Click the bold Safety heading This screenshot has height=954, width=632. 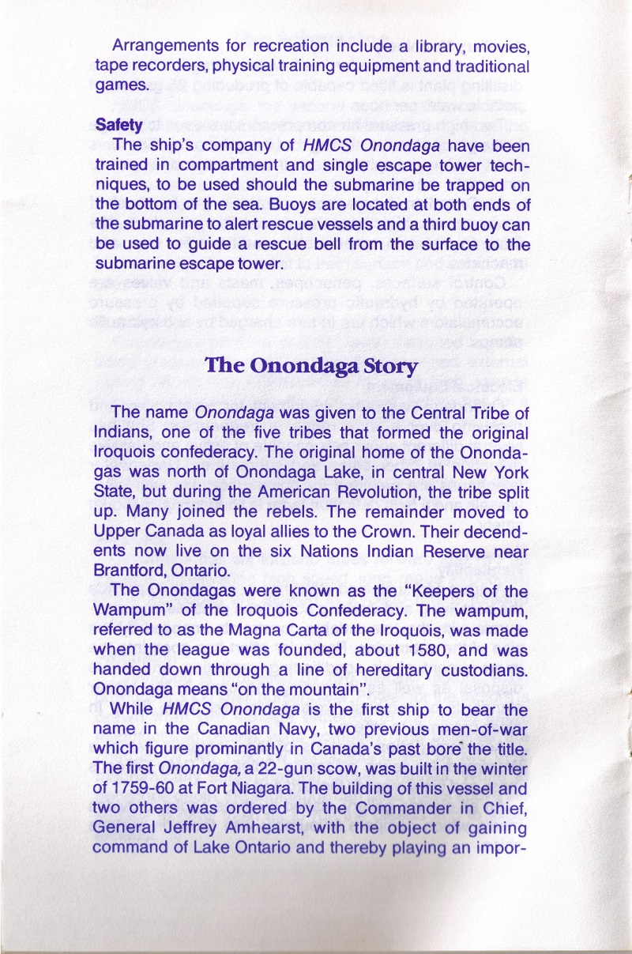click(118, 125)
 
